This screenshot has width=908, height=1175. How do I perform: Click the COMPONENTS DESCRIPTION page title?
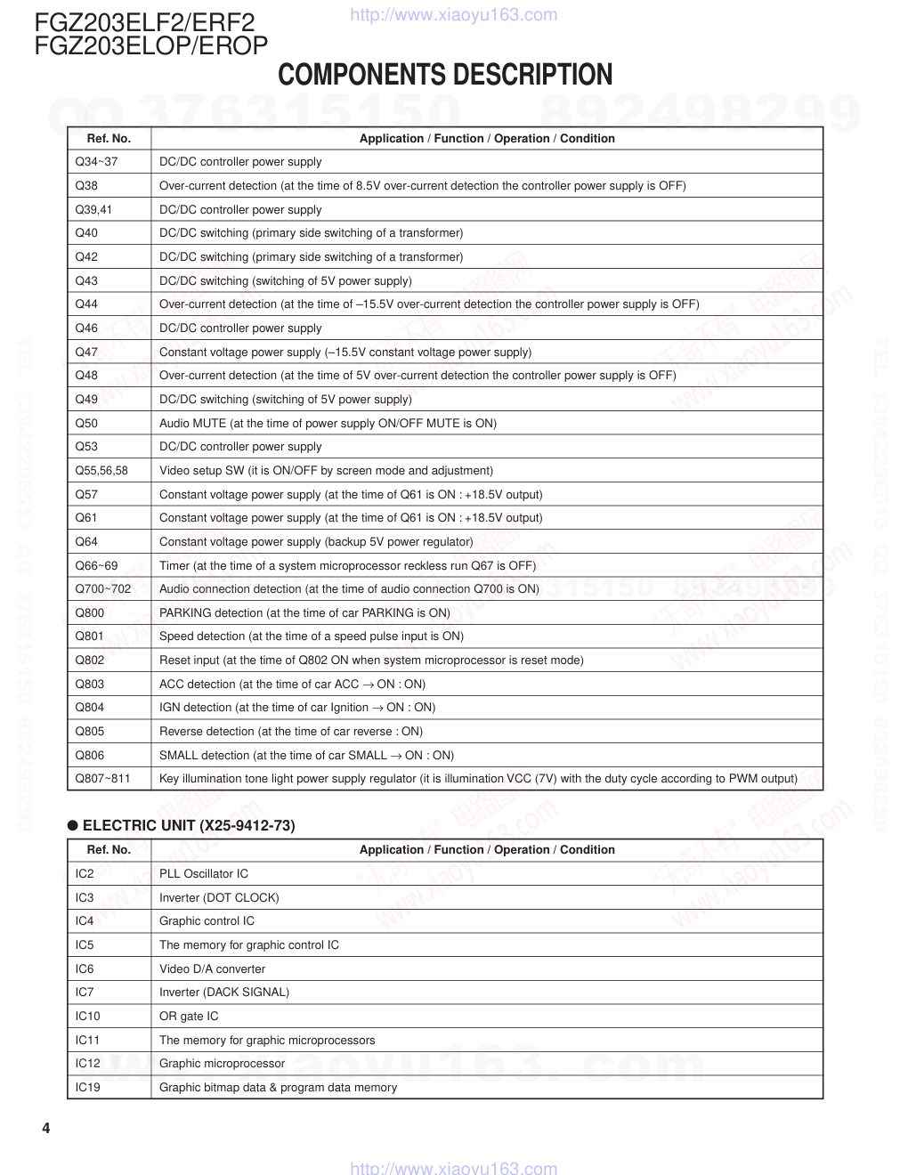point(445,75)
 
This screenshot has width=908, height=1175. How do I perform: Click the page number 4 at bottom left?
point(46,1129)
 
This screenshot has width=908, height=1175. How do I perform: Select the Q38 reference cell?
point(86,186)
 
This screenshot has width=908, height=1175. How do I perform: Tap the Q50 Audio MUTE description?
point(328,424)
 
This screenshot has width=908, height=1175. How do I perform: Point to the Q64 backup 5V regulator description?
point(316,542)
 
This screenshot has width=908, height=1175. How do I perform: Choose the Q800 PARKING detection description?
point(304,613)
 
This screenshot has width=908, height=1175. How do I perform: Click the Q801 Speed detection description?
point(312,636)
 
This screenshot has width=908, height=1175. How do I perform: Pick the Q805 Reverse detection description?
point(291,732)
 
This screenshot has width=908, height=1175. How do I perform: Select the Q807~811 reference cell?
point(102,779)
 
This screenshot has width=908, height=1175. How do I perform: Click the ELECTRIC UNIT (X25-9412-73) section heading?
point(189,825)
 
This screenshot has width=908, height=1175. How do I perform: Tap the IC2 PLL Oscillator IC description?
point(204,874)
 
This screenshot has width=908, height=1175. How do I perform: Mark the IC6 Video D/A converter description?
point(212,969)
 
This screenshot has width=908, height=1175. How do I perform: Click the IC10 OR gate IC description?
point(189,1017)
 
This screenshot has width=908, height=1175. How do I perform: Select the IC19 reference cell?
point(88,1088)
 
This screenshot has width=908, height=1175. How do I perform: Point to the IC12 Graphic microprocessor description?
point(222,1064)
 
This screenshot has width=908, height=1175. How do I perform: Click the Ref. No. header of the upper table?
point(109,139)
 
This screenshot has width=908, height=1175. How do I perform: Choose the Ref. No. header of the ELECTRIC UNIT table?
point(109,850)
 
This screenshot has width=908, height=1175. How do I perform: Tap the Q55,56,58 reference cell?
point(101,471)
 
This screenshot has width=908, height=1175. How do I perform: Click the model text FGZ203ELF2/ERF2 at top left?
point(144,21)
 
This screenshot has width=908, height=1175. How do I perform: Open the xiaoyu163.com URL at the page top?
point(454,15)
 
